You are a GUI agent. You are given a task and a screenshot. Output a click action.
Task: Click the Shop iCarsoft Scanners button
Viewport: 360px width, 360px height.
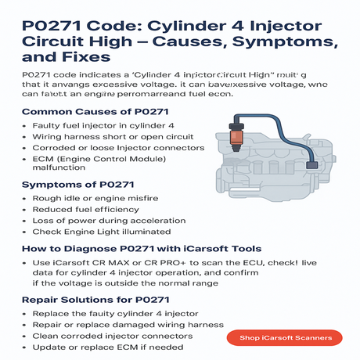[290, 337]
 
